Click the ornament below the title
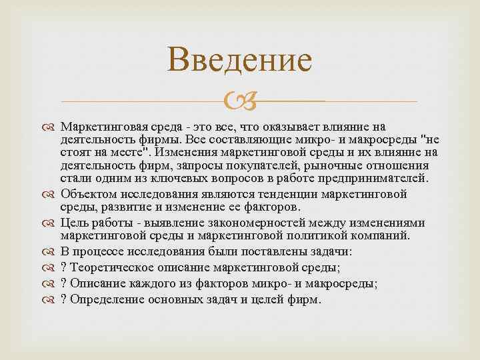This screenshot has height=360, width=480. (239, 102)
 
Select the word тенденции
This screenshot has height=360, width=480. (287, 194)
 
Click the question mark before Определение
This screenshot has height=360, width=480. (63, 299)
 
